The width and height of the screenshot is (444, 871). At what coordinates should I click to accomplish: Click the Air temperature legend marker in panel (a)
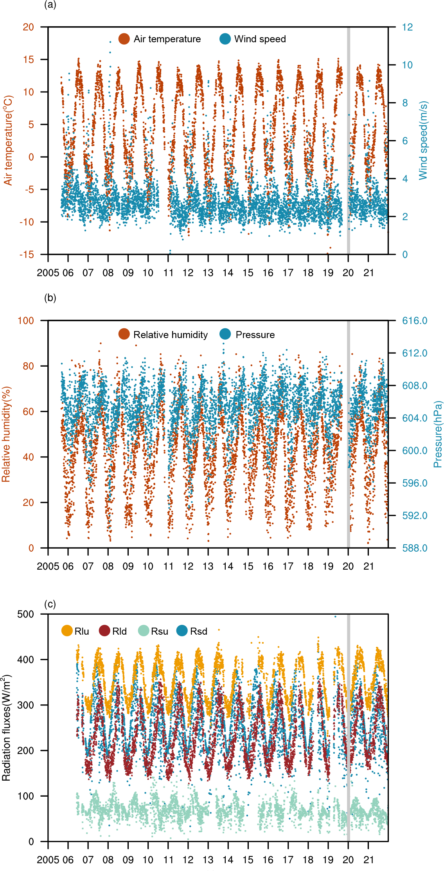tap(124, 39)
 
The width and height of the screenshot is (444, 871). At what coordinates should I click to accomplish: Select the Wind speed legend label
tap(260, 39)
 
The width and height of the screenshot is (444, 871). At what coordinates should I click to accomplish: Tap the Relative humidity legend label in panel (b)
tap(170, 335)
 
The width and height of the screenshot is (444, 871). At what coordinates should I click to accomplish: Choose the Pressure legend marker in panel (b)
tap(225, 335)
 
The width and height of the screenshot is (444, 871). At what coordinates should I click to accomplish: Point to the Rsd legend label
tap(198, 632)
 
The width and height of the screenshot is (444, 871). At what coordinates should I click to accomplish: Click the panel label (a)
tap(50, 5)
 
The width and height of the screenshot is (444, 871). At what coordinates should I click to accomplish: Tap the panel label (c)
tap(50, 604)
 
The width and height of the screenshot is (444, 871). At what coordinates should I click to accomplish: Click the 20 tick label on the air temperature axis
tap(28, 27)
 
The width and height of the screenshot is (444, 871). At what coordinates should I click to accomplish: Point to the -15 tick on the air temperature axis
tap(27, 255)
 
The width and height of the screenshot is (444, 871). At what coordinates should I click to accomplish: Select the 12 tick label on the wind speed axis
tap(407, 27)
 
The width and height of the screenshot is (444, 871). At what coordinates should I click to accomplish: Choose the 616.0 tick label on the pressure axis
tap(414, 321)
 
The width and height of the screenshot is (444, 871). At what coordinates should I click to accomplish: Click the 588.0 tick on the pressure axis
tap(414, 548)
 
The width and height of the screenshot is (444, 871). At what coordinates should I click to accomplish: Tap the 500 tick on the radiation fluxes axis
tap(25, 614)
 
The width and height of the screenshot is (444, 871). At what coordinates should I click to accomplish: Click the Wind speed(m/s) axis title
tap(423, 141)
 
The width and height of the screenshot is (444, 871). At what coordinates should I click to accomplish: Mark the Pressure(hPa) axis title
tap(438, 434)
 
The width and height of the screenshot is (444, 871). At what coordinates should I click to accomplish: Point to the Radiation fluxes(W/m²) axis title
tap(7, 727)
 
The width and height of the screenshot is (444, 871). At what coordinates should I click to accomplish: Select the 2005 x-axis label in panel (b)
tap(48, 567)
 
